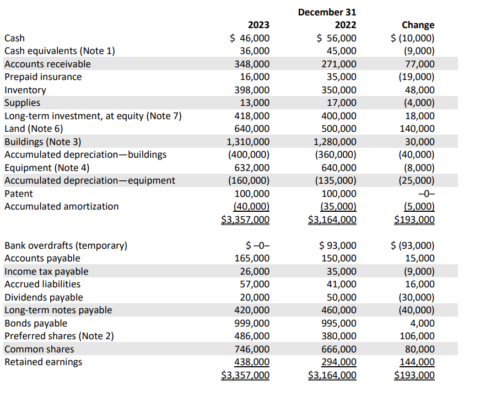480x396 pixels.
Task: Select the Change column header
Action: [418, 25]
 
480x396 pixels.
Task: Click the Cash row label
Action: [14, 38]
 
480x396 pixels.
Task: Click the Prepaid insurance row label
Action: [43, 77]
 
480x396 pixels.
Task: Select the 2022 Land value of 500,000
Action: [339, 129]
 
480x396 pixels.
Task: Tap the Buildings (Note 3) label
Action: [42, 142]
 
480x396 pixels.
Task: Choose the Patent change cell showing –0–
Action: [426, 194]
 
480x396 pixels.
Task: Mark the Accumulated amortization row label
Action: [61, 206]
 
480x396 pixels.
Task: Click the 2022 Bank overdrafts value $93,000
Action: [337, 245]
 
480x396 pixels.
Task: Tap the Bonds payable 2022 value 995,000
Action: [339, 323]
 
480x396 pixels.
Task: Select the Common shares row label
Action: [39, 349]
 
